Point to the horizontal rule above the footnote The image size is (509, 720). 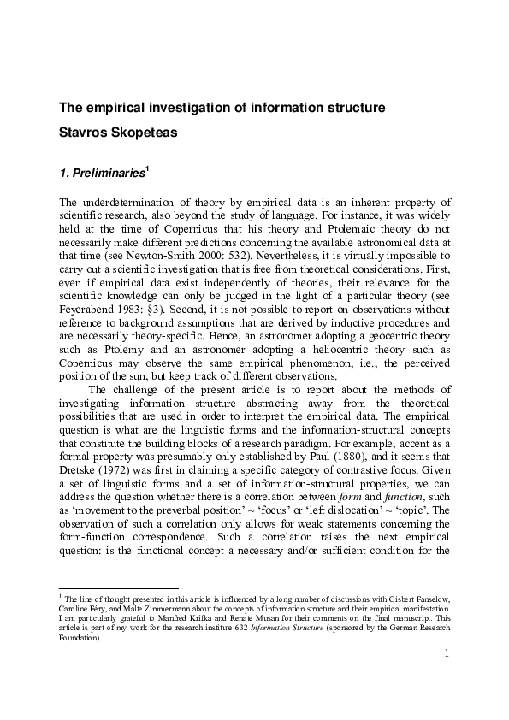click(x=118, y=588)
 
